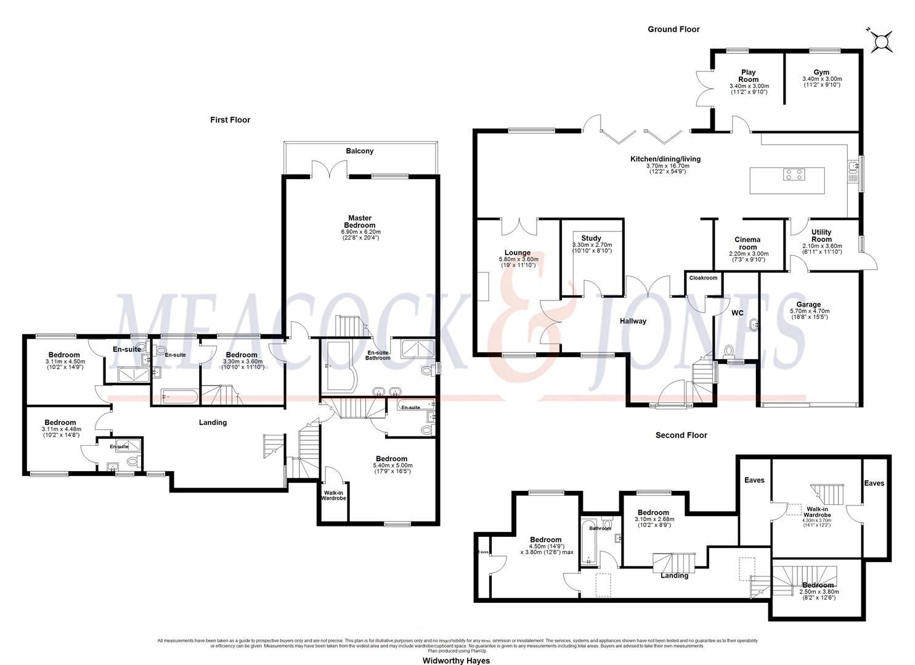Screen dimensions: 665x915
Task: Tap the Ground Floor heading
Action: pyautogui.click(x=673, y=29)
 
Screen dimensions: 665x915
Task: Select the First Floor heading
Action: pyautogui.click(x=230, y=120)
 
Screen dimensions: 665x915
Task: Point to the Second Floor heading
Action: pyautogui.click(x=681, y=435)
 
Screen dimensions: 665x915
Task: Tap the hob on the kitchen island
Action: pyautogui.click(x=794, y=175)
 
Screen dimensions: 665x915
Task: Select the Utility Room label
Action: pyautogui.click(x=821, y=235)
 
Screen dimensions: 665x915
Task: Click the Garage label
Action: pyautogui.click(x=808, y=304)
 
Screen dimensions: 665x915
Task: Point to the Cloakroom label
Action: pyautogui.click(x=703, y=278)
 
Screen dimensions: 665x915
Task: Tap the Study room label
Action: pyautogui.click(x=591, y=238)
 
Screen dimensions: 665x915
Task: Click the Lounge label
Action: pyautogui.click(x=518, y=252)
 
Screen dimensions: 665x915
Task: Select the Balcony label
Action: pyautogui.click(x=359, y=151)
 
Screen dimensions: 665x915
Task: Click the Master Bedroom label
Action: pyautogui.click(x=360, y=222)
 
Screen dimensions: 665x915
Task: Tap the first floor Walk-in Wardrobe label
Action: pyautogui.click(x=333, y=494)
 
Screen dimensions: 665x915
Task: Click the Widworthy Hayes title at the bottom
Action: pyautogui.click(x=456, y=661)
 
